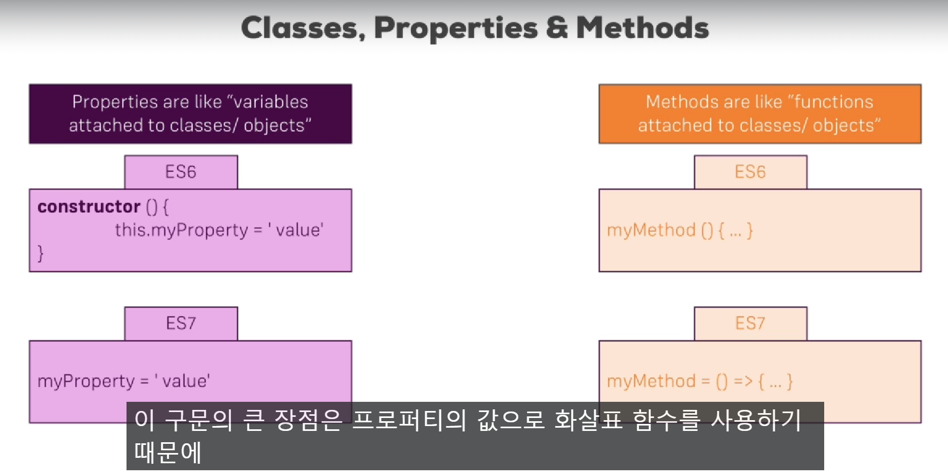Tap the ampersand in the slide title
tap(557, 28)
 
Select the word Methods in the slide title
tap(642, 28)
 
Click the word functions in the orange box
tap(834, 101)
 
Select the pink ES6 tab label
tap(181, 172)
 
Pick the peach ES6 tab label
tap(750, 172)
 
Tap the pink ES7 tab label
tap(181, 323)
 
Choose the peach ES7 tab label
tap(750, 323)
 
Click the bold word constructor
tap(89, 206)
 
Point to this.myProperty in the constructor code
tap(181, 230)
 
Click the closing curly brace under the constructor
tap(40, 253)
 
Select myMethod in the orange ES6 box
tap(651, 230)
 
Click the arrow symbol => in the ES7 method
tap(743, 381)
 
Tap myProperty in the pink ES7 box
tap(86, 381)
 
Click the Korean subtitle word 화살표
tap(588, 420)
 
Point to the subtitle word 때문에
tap(167, 452)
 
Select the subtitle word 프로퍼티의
tap(409, 420)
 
